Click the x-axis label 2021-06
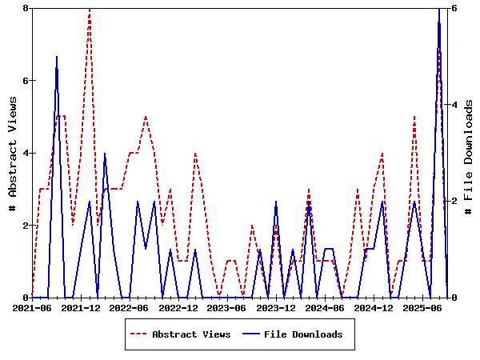tap(32, 307)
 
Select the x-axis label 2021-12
tap(81, 307)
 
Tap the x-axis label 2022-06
tap(130, 307)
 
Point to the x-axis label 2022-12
tap(178, 307)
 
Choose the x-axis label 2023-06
tap(227, 307)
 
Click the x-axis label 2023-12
tap(276, 307)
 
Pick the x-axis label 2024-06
tap(325, 307)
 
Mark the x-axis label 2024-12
tap(374, 307)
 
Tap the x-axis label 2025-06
tap(422, 307)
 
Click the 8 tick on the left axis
tap(26, 8)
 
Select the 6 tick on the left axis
tap(26, 81)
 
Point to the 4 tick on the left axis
tap(26, 153)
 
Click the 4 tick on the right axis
tap(454, 105)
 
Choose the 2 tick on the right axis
tap(454, 202)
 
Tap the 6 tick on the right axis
tap(454, 8)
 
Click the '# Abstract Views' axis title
tap(12, 153)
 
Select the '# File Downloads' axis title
tap(469, 153)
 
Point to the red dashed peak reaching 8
tap(90, 9)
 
